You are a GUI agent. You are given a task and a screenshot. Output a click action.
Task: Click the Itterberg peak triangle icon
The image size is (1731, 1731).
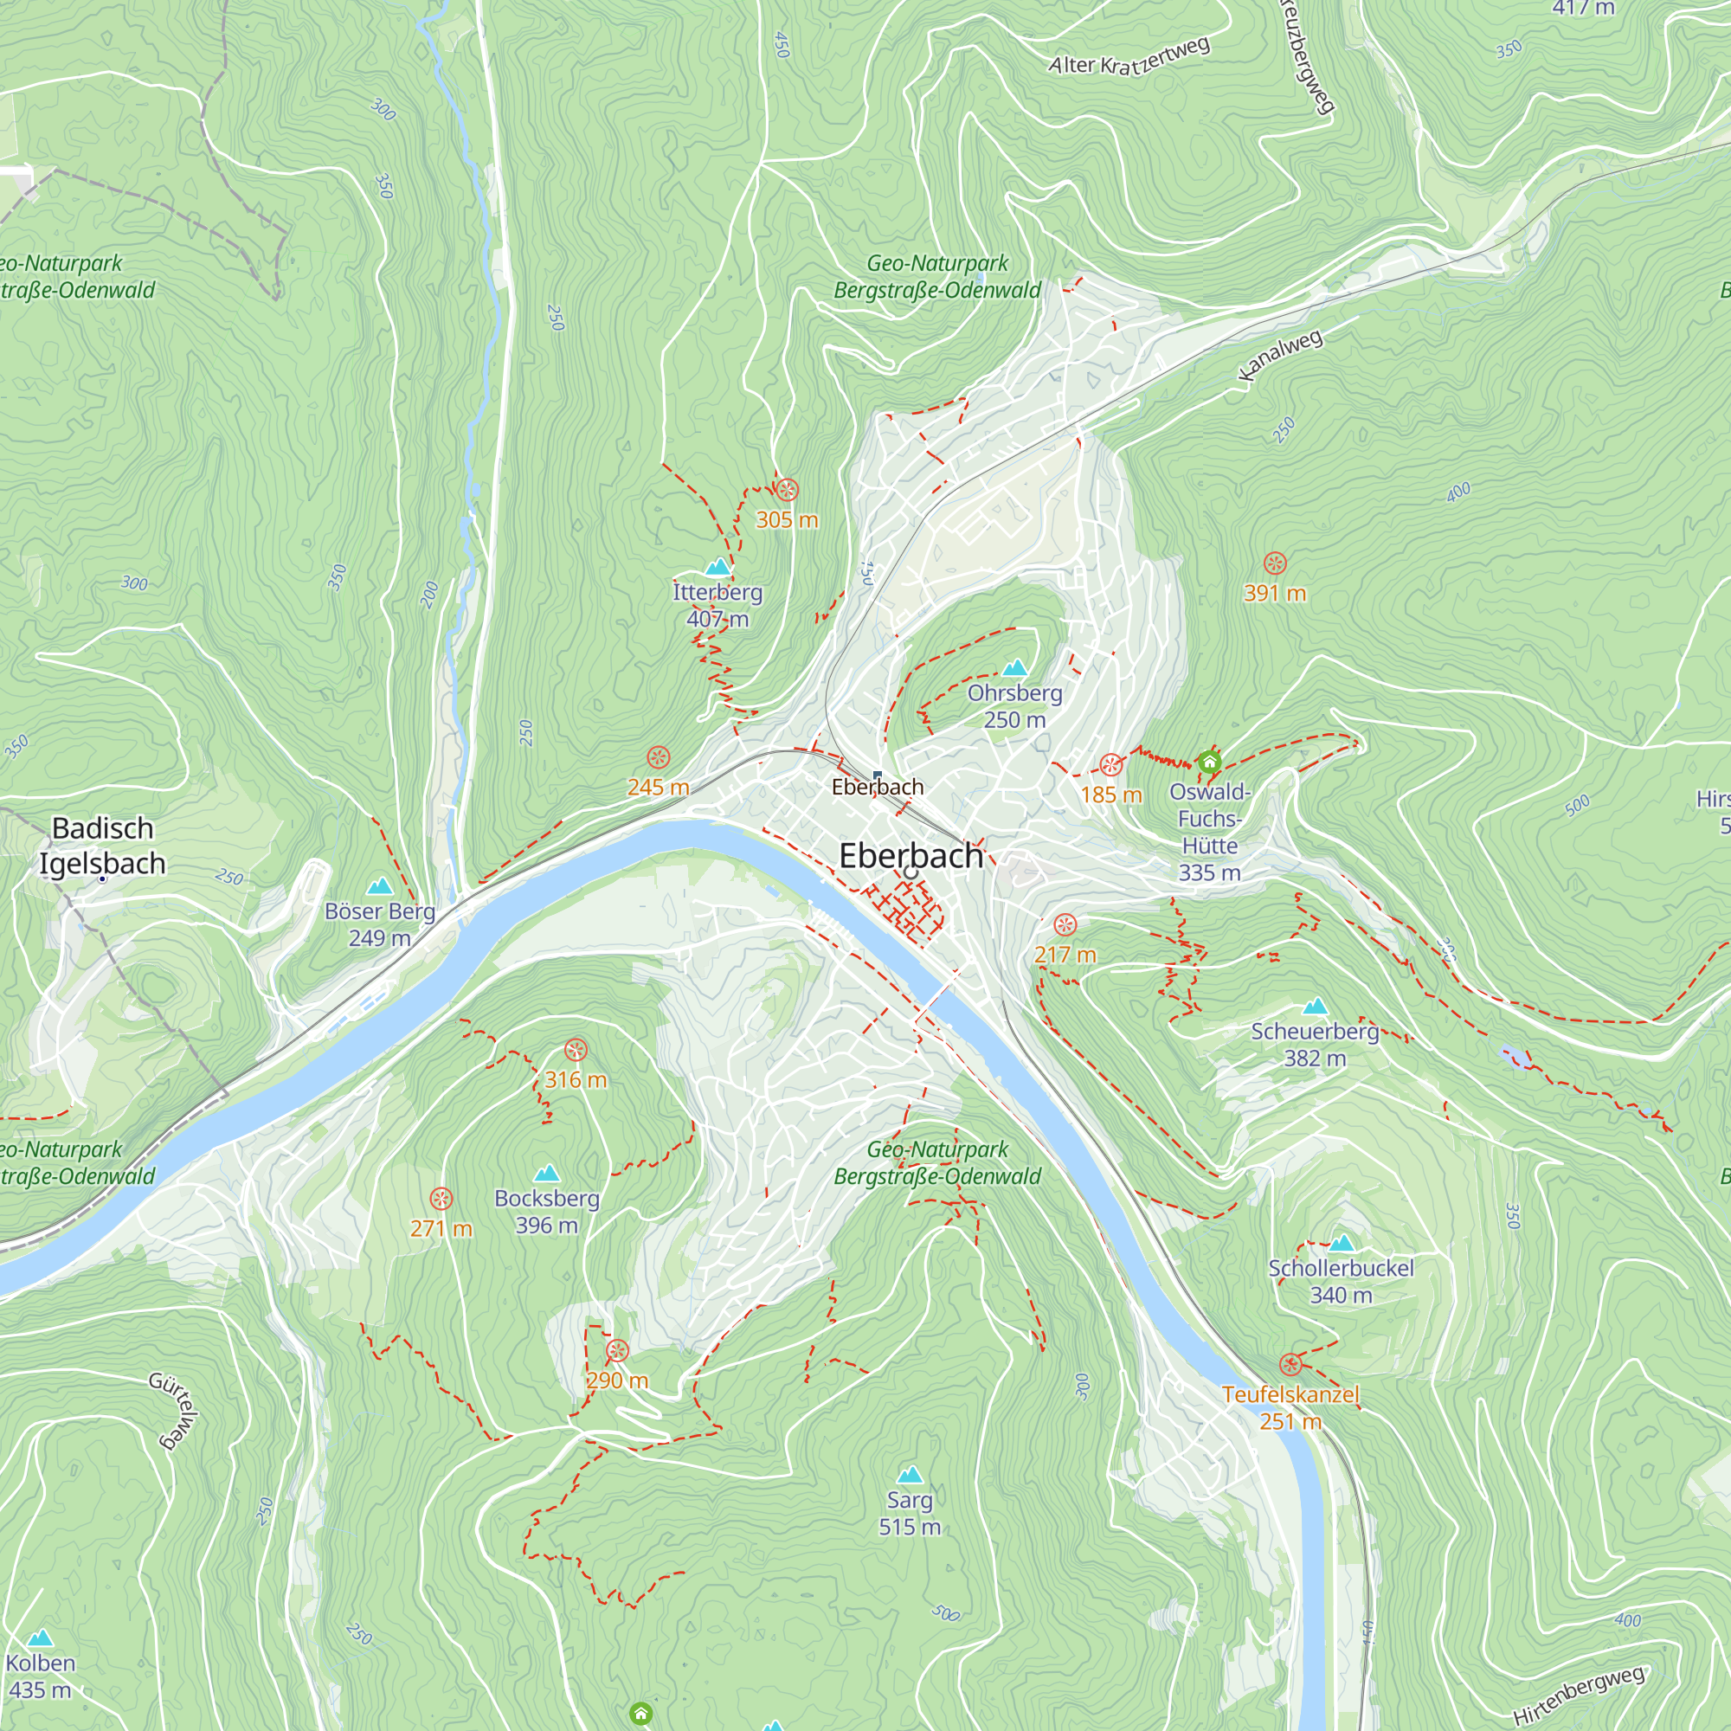click(717, 567)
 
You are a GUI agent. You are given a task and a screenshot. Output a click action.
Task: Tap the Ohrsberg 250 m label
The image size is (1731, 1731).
click(1014, 706)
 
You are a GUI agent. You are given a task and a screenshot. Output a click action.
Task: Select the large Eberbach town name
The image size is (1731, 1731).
click(911, 856)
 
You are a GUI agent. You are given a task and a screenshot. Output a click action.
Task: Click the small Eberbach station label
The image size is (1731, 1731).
click(877, 787)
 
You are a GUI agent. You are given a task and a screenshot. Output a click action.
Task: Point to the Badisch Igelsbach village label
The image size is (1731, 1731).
click(102, 845)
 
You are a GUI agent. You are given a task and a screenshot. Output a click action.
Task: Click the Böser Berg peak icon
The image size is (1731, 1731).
click(380, 886)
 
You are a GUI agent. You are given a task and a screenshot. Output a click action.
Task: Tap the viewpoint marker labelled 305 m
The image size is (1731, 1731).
click(787, 490)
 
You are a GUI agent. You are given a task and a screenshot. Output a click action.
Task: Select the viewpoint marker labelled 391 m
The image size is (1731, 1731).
click(1274, 563)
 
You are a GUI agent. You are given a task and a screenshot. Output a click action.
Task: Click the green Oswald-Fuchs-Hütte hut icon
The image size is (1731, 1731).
click(1208, 763)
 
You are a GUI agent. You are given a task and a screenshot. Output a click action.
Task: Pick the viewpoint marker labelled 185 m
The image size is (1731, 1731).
click(1111, 765)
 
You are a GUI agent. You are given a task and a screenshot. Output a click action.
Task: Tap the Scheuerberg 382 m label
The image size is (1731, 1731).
click(1315, 1044)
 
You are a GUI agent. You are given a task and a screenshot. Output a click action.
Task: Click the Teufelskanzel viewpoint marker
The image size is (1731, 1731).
click(1290, 1365)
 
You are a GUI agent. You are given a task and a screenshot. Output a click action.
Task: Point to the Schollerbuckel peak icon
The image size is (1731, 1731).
click(1342, 1244)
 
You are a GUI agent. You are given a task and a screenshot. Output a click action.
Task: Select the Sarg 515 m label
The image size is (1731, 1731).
click(910, 1512)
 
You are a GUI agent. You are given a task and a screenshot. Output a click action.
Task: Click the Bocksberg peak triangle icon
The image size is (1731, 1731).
click(546, 1174)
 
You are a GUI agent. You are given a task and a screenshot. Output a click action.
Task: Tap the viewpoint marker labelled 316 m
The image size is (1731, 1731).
click(576, 1050)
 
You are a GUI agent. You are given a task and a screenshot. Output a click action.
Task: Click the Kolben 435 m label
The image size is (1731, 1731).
click(40, 1676)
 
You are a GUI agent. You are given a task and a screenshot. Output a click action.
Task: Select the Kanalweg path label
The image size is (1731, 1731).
click(1280, 355)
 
